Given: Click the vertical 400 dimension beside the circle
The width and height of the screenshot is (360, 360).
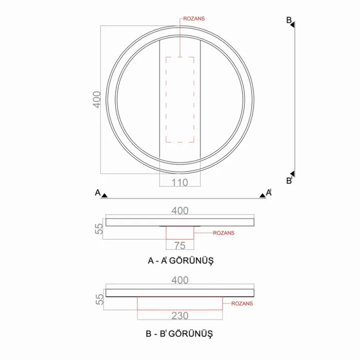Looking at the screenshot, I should click(96, 99).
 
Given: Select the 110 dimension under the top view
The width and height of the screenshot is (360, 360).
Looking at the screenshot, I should click(179, 182).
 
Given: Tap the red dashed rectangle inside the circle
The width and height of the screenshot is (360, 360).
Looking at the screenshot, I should click(179, 99).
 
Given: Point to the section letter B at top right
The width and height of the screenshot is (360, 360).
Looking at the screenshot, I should click(289, 20).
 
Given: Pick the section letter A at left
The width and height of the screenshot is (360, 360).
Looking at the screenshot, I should click(97, 193).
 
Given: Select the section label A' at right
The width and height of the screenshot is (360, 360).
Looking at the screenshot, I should click(268, 193).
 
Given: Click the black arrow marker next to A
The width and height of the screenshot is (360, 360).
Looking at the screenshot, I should click(104, 195).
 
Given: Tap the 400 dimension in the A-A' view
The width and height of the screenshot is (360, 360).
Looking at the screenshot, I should click(180, 210).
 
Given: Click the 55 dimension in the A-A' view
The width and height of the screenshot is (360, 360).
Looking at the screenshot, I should click(100, 228).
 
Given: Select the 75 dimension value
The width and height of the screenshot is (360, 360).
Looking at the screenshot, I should click(179, 245).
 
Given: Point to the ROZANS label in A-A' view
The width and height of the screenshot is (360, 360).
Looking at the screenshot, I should click(223, 233).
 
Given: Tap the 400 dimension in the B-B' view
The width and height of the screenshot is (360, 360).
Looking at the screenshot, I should click(180, 280).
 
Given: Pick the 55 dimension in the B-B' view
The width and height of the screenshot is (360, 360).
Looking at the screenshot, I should click(100, 299).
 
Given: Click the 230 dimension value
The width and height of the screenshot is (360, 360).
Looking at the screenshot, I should click(179, 315).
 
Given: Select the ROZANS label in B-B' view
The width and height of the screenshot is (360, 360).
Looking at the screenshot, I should click(242, 303).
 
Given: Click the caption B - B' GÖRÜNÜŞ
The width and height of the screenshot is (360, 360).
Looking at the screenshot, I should click(179, 333).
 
